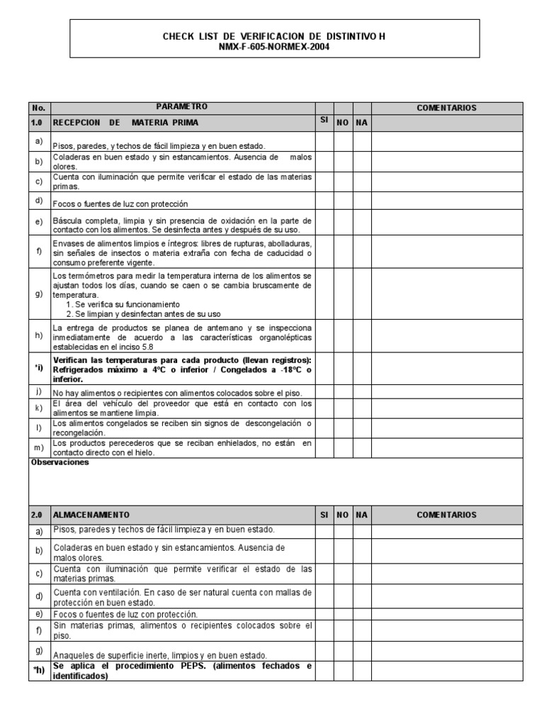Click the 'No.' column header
point(38,108)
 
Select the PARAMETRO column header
point(182,106)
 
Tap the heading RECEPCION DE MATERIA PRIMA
point(125,123)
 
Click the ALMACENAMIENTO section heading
point(91,515)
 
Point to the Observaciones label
point(59,462)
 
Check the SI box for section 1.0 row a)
point(324,143)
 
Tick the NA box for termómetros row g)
point(362,294)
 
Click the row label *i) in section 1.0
point(38,369)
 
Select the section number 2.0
point(38,515)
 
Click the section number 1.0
point(38,123)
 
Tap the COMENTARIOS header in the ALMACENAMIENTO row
point(447,515)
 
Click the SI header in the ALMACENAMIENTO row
point(324,515)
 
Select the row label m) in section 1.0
point(38,447)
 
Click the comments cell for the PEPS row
point(447,671)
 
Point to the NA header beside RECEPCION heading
point(362,123)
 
